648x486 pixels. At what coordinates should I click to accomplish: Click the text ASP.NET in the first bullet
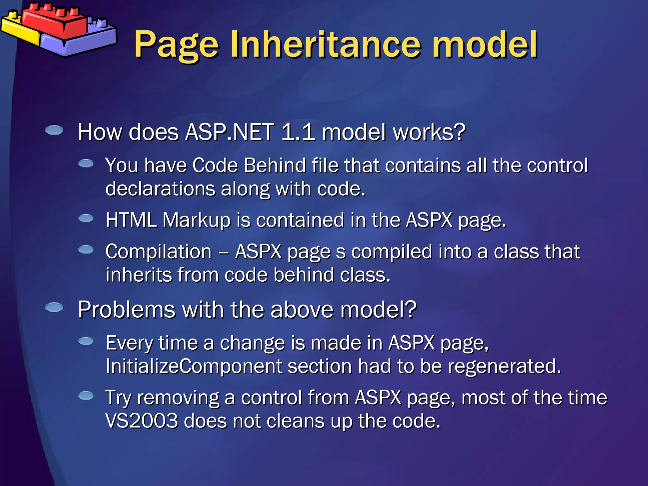[x=229, y=132]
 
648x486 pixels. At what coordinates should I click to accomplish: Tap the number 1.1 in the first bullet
[x=298, y=132]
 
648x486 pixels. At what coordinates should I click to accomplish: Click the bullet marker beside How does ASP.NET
[x=54, y=130]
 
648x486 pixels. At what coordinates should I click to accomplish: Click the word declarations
[x=160, y=189]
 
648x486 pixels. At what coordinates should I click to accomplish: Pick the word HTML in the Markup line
[x=131, y=220]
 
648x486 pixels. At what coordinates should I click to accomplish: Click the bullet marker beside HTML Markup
[x=86, y=218]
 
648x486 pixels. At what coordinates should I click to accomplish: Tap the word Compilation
[x=158, y=252]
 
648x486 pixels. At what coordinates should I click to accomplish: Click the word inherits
[x=138, y=275]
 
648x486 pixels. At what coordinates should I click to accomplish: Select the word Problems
[x=126, y=309]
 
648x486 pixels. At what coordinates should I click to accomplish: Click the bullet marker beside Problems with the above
[x=54, y=307]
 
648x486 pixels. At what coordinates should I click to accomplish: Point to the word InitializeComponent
[x=193, y=366]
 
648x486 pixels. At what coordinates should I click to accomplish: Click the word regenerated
[x=504, y=366]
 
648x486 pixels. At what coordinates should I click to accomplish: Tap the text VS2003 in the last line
[x=141, y=421]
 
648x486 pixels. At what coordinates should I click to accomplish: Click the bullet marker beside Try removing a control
[x=86, y=396]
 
